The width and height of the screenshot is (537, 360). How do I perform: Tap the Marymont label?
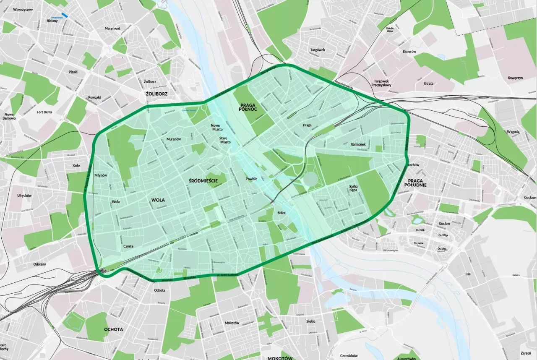(x=112, y=29)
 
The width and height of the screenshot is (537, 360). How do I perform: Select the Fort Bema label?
(x=44, y=112)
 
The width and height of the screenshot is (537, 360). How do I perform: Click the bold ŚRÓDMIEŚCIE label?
(x=203, y=180)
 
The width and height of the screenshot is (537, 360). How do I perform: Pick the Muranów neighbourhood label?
(x=173, y=139)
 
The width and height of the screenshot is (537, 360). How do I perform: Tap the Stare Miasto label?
(x=225, y=140)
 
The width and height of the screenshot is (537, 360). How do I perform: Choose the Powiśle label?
(x=251, y=179)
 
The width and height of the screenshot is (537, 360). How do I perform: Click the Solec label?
(x=282, y=213)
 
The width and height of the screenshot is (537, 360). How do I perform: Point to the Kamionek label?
(x=358, y=144)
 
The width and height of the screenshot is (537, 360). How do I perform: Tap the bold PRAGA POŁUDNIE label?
(x=415, y=183)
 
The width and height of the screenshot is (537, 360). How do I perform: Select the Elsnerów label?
(x=409, y=52)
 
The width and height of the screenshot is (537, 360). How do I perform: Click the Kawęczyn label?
(x=514, y=78)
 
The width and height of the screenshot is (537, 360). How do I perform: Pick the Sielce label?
(x=310, y=321)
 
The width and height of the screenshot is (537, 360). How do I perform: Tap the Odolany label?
(x=40, y=264)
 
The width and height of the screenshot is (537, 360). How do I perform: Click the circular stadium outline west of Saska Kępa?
(x=310, y=179)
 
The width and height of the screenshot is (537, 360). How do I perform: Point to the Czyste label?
(x=128, y=247)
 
